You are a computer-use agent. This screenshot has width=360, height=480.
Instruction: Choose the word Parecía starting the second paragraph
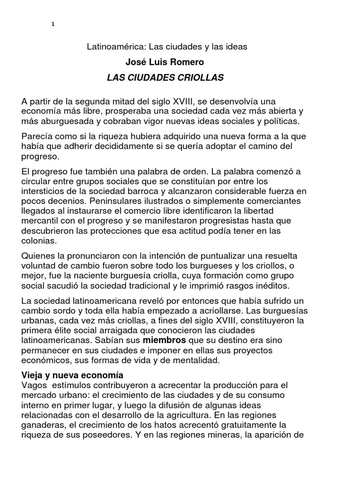click(x=37, y=136)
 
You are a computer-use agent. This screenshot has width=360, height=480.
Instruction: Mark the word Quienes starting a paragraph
click(x=39, y=255)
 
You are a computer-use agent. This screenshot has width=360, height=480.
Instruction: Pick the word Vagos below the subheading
click(x=34, y=385)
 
